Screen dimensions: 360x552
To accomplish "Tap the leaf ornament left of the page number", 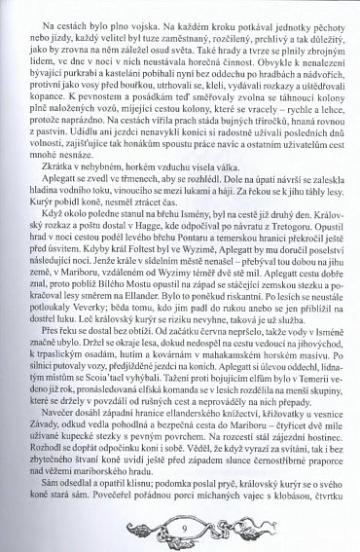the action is pos(136,531).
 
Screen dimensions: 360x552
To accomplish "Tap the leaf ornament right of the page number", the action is pos(227,531).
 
